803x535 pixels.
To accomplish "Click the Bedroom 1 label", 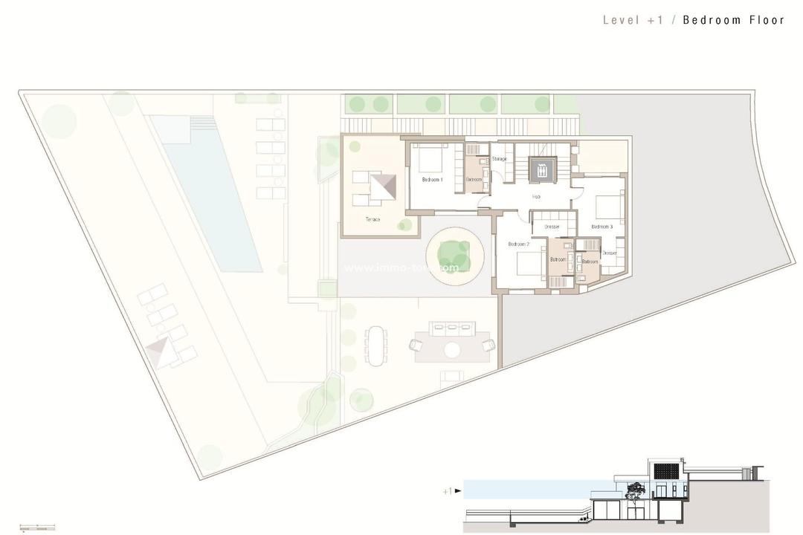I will click(x=432, y=180).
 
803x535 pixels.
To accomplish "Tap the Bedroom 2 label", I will click(x=518, y=244).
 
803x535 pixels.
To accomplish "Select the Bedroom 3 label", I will click(x=602, y=227).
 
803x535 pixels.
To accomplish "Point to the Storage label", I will click(x=500, y=159).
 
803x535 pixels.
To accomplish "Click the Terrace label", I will click(x=373, y=219).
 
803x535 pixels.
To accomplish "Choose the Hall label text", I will click(x=536, y=197).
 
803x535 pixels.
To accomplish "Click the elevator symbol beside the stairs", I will click(x=543, y=169).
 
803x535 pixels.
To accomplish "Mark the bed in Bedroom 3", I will click(x=607, y=204).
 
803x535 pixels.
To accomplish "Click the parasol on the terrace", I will click(x=384, y=187).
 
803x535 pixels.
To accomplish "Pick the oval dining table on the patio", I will click(x=376, y=345).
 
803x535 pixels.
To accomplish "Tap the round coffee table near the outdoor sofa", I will click(x=453, y=349).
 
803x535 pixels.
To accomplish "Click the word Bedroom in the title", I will click(x=709, y=20).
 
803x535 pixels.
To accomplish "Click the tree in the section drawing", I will click(x=636, y=490).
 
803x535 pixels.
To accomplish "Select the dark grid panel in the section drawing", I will click(x=666, y=471).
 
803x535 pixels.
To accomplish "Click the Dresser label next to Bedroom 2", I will click(x=552, y=227).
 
